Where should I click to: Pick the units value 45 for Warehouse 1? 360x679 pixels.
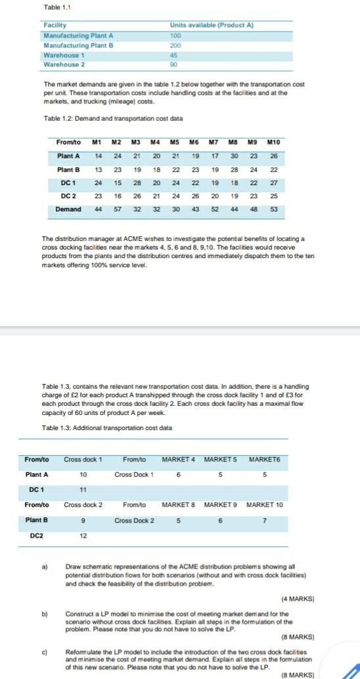[174, 55]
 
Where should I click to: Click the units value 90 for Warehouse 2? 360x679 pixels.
[174, 64]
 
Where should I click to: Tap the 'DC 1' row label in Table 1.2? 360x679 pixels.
[69, 183]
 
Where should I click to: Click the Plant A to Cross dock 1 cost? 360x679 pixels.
[83, 474]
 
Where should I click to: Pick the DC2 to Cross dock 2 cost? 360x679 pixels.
[83, 535]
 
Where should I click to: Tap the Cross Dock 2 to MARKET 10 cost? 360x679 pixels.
[265, 521]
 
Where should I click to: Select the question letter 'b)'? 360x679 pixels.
[45, 613]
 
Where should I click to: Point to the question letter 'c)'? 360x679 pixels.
[45, 652]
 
